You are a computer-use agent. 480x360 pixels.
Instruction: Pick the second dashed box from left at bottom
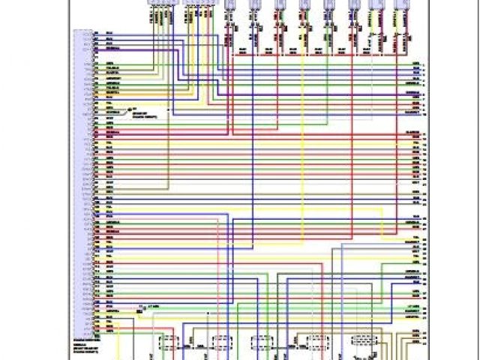[x=220, y=343]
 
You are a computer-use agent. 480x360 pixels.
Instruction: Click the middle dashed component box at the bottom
[x=262, y=343]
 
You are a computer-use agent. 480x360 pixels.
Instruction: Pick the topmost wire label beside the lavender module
[x=109, y=34]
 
